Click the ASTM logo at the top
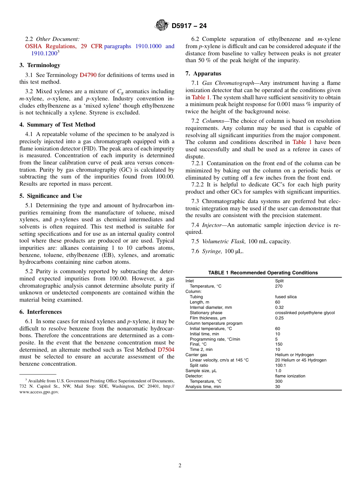162,25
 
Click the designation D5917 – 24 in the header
189,26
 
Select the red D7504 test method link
166,349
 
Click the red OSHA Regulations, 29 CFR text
64,46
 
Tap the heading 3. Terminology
40,65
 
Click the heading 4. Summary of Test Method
57,125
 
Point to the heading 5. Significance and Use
51,196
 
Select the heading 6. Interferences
41,312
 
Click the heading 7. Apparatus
203,74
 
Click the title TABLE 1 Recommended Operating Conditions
263,272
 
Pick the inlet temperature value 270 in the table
279,286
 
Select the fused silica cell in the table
286,297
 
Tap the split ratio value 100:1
280,365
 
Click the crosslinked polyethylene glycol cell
305,313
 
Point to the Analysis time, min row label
203,387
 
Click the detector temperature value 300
279,381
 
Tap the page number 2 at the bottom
180,466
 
